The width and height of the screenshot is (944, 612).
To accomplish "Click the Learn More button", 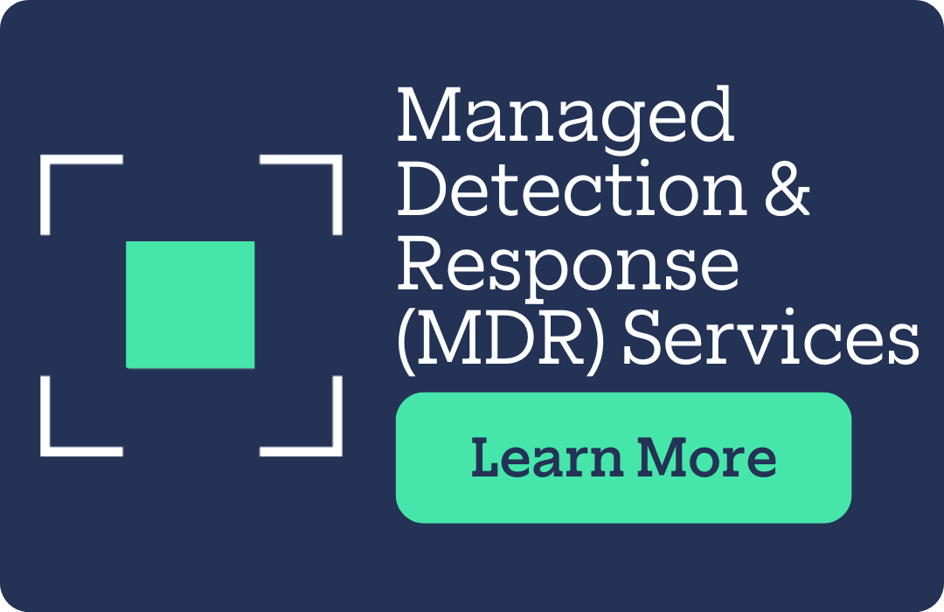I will pos(623,457).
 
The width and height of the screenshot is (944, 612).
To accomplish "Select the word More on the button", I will pos(706,457).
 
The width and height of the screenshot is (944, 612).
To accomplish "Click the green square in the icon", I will pos(191,304).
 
